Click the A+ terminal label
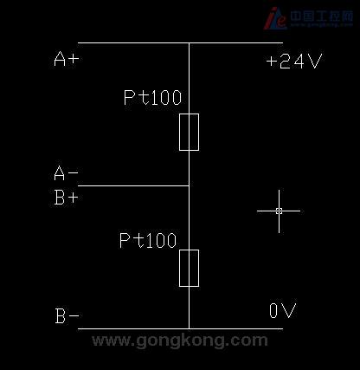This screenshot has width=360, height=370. point(67,59)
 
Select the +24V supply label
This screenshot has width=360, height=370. point(294,61)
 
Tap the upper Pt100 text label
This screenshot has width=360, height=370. point(152,97)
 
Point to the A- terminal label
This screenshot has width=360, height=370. point(66,173)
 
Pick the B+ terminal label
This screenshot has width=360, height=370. point(67,198)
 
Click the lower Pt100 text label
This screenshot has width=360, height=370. point(148,241)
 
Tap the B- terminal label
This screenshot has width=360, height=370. point(67,316)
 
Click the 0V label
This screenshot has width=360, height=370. point(283,310)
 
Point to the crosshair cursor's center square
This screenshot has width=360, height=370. point(279,211)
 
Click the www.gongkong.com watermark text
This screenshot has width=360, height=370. point(180,341)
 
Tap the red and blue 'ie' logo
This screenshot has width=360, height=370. point(274,18)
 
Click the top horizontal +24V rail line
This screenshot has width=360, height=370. point(180,42)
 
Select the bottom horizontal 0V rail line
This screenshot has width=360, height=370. point(180,328)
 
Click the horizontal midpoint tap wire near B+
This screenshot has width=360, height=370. point(133,185)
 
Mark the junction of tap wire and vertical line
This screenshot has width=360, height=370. point(189,185)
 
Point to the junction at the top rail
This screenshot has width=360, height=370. point(189,42)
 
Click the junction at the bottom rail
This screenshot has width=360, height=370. point(189,328)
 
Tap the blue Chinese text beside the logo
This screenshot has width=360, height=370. point(321,16)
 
